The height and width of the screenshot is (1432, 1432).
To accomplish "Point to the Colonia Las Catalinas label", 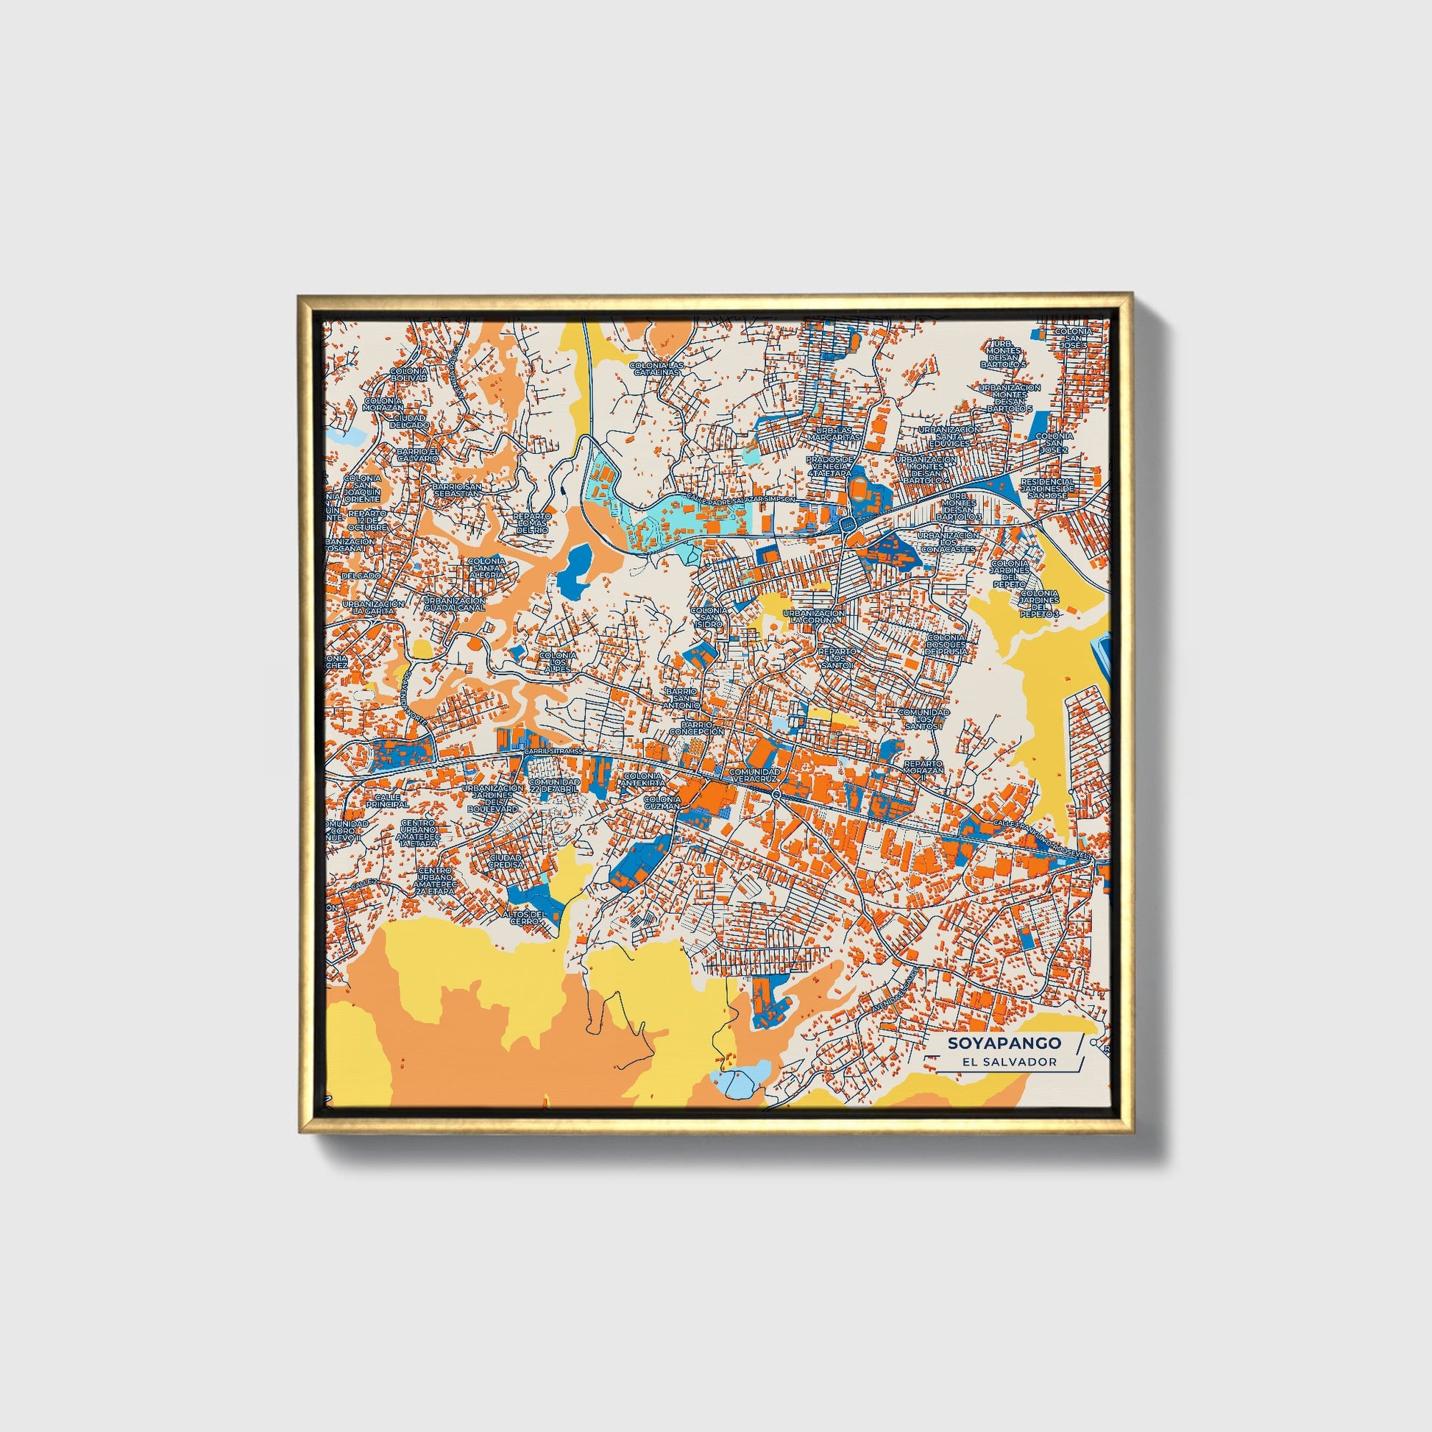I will pyautogui.click(x=655, y=369).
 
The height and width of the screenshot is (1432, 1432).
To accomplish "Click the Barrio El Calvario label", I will pyautogui.click(x=418, y=454).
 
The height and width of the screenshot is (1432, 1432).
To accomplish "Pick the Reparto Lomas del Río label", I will pyautogui.click(x=532, y=523).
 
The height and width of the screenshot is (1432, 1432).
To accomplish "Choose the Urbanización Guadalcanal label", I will pyautogui.click(x=454, y=604).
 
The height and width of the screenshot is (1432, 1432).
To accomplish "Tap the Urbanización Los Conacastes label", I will pyautogui.click(x=948, y=542).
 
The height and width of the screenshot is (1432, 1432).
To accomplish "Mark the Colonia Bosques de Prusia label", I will pyautogui.click(x=946, y=645).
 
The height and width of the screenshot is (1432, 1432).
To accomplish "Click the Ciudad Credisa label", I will pyautogui.click(x=506, y=859).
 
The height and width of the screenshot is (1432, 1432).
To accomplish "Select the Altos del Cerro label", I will pyautogui.click(x=529, y=917).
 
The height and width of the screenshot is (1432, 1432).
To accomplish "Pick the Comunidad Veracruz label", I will pyautogui.click(x=754, y=776).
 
